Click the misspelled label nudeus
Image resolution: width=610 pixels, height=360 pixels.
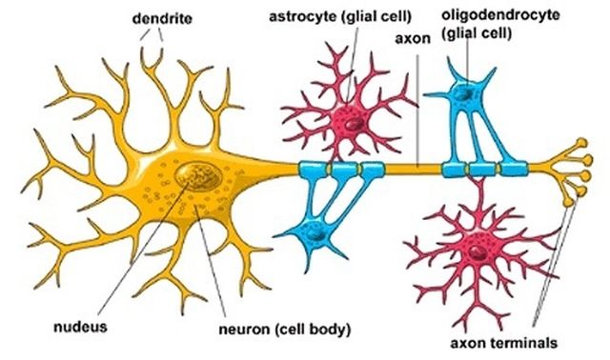80,327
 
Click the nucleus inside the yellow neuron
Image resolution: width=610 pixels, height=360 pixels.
199,174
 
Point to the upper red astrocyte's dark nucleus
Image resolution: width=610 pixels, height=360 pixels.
353,124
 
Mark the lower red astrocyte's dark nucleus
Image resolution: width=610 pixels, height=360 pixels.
474,250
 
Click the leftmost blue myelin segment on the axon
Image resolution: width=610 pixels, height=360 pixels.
313,171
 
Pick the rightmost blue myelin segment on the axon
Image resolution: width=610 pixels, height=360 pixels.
515,170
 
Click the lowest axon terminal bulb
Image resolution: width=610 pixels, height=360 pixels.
571,201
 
